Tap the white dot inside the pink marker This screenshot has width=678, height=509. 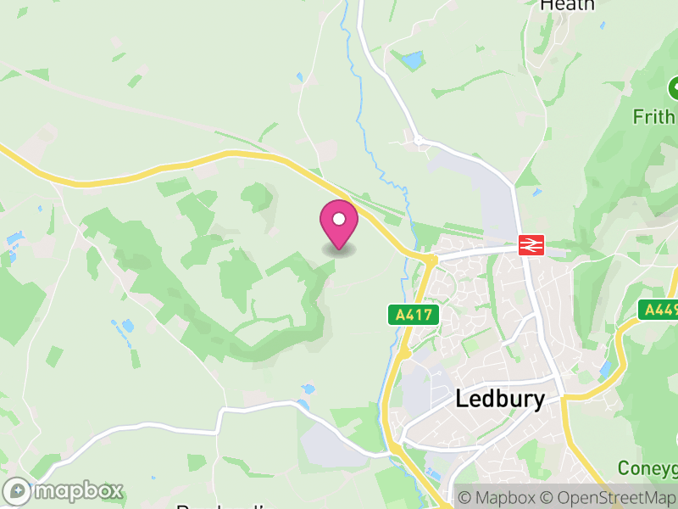339,220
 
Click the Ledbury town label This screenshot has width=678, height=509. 500,400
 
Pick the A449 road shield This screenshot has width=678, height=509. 659,310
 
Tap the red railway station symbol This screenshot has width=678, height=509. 531,245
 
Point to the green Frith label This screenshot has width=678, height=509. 653,115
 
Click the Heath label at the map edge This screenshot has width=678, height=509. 567,5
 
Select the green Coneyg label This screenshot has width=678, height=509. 647,468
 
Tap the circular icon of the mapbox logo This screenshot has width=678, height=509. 17,490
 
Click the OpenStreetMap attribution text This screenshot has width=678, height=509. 609,497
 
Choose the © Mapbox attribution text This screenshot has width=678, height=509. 496,497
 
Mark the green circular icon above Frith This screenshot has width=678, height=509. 674,87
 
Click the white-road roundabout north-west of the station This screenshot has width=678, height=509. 417,139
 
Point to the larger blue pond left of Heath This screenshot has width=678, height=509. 413,60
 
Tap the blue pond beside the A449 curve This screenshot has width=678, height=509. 604,367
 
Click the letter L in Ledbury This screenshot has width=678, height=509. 463,400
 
